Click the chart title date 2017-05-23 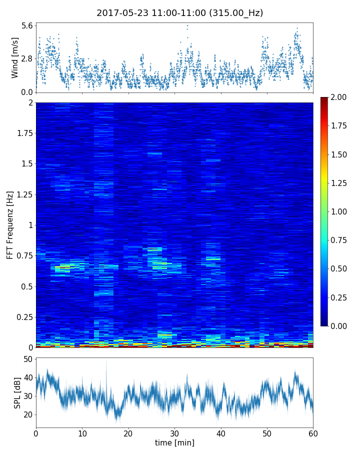coord(122,13)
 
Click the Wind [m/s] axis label coord(15,57)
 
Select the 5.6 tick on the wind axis coord(27,25)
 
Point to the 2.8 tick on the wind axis coord(27,58)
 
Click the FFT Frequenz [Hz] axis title coord(10,225)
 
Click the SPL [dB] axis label coord(17,392)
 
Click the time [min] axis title coord(174,442)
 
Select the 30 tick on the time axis coord(174,432)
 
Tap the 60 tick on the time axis coord(313,432)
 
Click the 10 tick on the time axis coord(82,432)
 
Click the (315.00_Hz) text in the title coord(235,13)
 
